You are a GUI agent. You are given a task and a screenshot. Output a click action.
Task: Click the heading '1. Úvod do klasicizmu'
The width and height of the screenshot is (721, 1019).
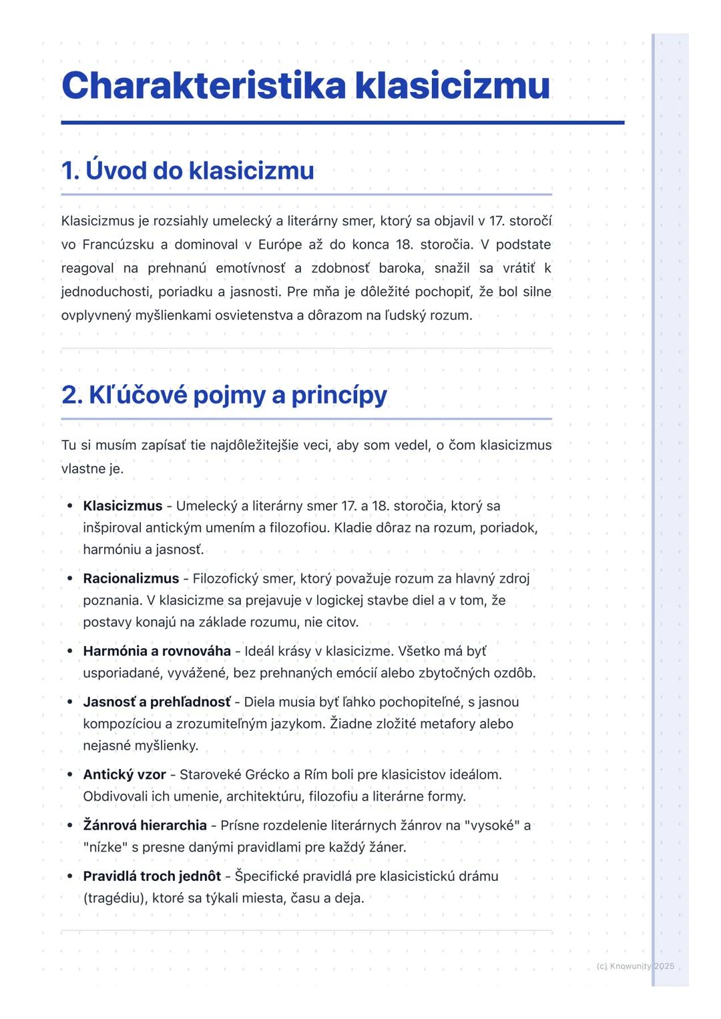coord(188,171)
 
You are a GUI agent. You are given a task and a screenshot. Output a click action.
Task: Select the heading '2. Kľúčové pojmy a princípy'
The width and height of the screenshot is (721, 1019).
coord(224,395)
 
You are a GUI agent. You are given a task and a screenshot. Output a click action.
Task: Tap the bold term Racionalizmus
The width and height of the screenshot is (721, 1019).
coord(131,578)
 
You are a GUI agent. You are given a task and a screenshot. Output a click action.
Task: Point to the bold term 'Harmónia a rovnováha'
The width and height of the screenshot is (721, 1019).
coord(157,651)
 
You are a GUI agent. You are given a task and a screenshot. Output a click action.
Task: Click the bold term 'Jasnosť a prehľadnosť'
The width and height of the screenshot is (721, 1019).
coord(157,702)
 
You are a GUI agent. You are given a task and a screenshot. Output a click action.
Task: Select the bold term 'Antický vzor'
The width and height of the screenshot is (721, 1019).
coord(124,774)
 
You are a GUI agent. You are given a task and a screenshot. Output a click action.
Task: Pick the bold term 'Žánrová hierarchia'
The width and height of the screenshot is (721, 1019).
coord(145,825)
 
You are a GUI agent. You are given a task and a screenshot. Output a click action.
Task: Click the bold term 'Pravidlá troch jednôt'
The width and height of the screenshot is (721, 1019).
coord(152,876)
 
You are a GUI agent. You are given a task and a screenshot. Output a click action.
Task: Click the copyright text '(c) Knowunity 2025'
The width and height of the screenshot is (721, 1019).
coord(635,966)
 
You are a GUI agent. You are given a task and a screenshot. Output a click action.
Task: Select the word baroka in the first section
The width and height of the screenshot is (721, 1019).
coord(400,268)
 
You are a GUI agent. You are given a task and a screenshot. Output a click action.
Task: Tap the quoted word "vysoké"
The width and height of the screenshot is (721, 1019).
coord(493,825)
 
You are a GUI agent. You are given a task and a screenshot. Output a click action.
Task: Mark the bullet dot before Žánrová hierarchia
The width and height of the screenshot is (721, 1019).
coord(69,825)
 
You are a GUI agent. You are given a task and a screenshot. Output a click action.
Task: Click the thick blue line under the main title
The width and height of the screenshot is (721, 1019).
coord(342,123)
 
